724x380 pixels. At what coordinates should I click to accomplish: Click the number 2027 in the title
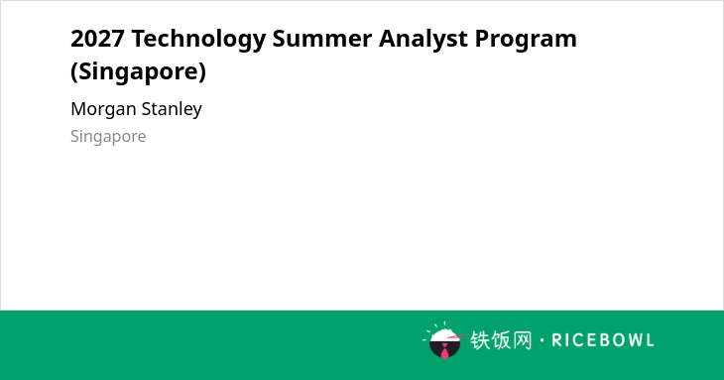tap(98, 39)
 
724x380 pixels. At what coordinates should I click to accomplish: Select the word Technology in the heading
tap(198, 40)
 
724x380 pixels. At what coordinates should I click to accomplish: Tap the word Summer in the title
tap(321, 39)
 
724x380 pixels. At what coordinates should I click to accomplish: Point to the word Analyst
tap(422, 40)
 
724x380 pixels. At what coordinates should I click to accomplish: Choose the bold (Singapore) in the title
tap(138, 72)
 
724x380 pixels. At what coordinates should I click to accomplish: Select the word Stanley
tap(172, 109)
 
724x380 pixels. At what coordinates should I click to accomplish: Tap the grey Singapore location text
tap(108, 137)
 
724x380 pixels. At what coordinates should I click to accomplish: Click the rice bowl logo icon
tap(444, 340)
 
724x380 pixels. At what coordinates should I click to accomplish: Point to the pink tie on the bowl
tap(444, 351)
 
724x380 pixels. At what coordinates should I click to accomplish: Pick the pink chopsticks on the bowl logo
tap(456, 336)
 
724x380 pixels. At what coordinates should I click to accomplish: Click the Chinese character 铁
tap(480, 340)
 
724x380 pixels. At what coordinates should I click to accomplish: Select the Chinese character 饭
tap(501, 340)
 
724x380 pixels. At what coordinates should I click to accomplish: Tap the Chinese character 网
tap(523, 340)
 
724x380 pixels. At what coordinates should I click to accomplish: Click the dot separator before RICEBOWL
tap(543, 340)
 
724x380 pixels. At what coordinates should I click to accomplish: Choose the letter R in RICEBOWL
tap(556, 340)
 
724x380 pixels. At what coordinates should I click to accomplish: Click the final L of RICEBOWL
tap(651, 340)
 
